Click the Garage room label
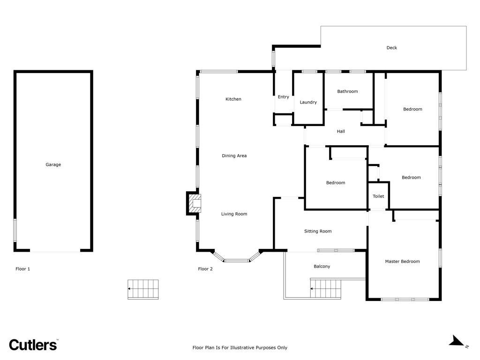pyautogui.click(x=53, y=165)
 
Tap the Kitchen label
pyautogui.click(x=233, y=99)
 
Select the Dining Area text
pyautogui.click(x=234, y=156)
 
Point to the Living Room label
pyautogui.click(x=234, y=214)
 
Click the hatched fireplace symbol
pyautogui.click(x=195, y=203)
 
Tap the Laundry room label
pyautogui.click(x=308, y=102)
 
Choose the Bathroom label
pyautogui.click(x=347, y=91)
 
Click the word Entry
pyautogui.click(x=284, y=97)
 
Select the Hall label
pyautogui.click(x=341, y=131)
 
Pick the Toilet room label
pyautogui.click(x=378, y=196)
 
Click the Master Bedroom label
pyautogui.click(x=402, y=262)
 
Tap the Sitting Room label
pyautogui.click(x=318, y=232)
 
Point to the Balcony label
pyautogui.click(x=322, y=267)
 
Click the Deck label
pyautogui.click(x=391, y=48)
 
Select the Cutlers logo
pyautogui.click(x=33, y=345)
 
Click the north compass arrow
pyautogui.click(x=457, y=341)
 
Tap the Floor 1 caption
pyautogui.click(x=22, y=269)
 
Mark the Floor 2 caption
pyautogui.click(x=205, y=269)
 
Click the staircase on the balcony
pyautogui.click(x=325, y=288)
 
